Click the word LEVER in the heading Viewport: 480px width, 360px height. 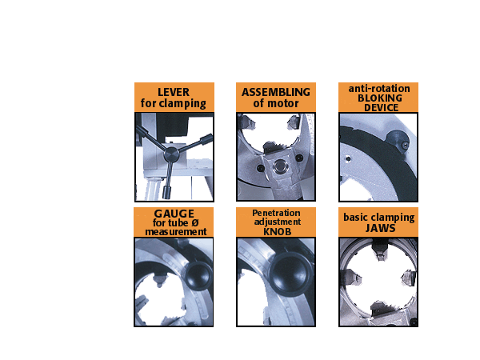174,92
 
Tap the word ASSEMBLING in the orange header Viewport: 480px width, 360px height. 276,92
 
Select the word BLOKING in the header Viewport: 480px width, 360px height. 380,98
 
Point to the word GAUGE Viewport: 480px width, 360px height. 174,214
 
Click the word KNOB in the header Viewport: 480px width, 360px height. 277,232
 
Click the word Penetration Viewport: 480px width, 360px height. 276,213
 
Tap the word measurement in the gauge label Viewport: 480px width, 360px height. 176,232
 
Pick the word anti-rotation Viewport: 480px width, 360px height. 379,89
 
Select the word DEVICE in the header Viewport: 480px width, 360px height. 381,108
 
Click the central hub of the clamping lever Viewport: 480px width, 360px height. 171,154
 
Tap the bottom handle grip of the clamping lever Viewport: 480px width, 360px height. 167,192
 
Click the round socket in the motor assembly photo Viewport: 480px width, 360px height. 278,167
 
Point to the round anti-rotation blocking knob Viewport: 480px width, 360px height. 397,141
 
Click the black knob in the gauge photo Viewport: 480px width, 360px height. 199,276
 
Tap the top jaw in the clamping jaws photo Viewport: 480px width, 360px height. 380,251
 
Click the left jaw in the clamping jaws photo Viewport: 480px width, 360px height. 352,278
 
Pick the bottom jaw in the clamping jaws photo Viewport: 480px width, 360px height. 380,308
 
